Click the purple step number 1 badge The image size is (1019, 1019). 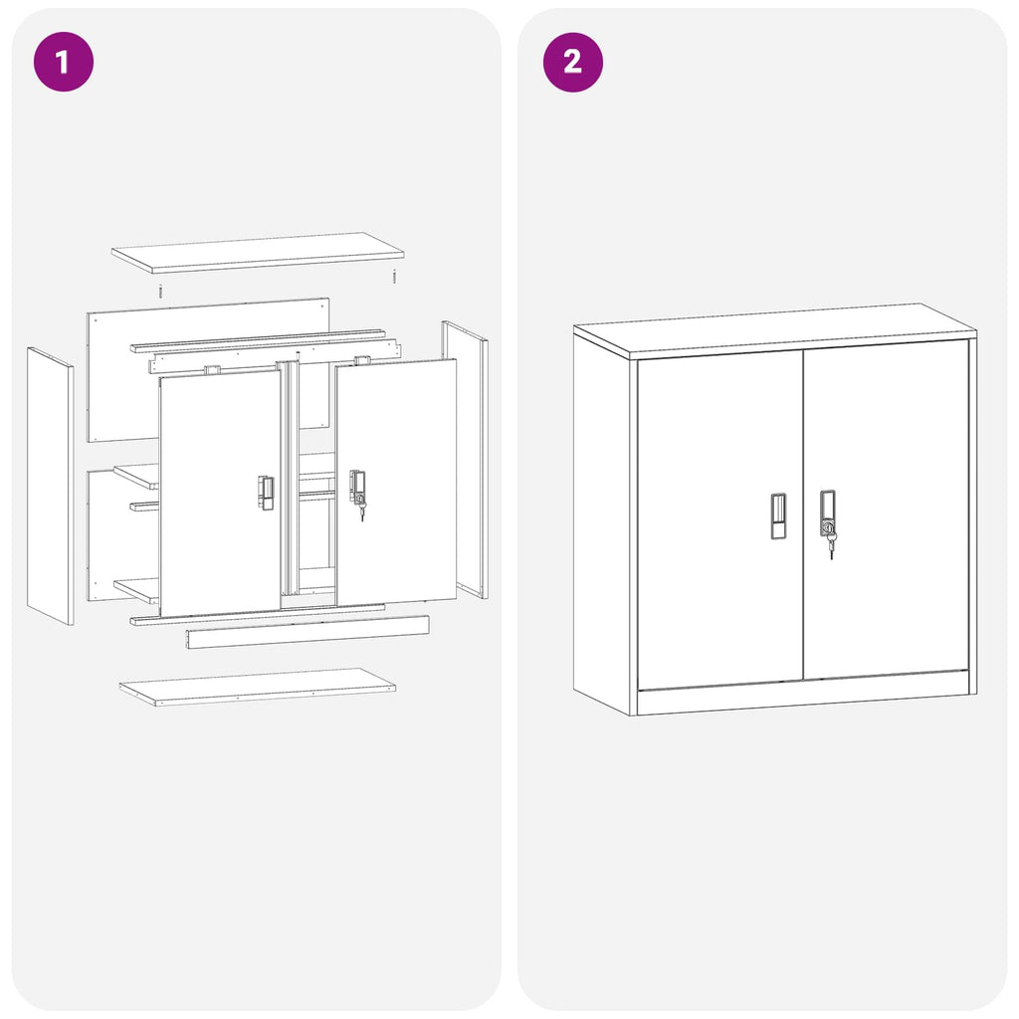[x=64, y=62]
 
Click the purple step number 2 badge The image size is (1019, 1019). [x=572, y=62]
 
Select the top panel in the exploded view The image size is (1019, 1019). [x=257, y=252]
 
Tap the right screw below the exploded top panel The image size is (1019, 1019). [x=394, y=277]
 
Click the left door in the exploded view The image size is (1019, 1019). [x=219, y=493]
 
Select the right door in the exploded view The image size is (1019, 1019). [x=398, y=483]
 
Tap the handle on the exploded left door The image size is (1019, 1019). [x=266, y=493]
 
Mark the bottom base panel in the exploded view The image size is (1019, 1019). [x=257, y=687]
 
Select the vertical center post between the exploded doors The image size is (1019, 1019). [x=290, y=478]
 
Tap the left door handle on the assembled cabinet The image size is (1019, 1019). [x=778, y=515]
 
